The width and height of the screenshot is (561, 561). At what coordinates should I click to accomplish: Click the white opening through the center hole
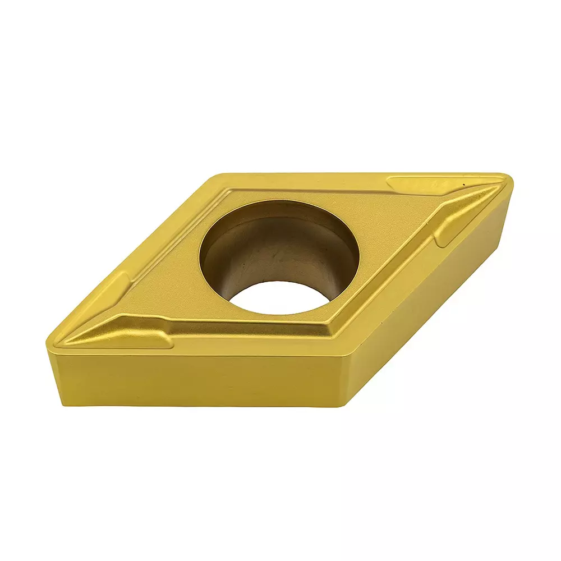(280, 297)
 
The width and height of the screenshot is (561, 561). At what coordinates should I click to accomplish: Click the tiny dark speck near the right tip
(465, 183)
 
